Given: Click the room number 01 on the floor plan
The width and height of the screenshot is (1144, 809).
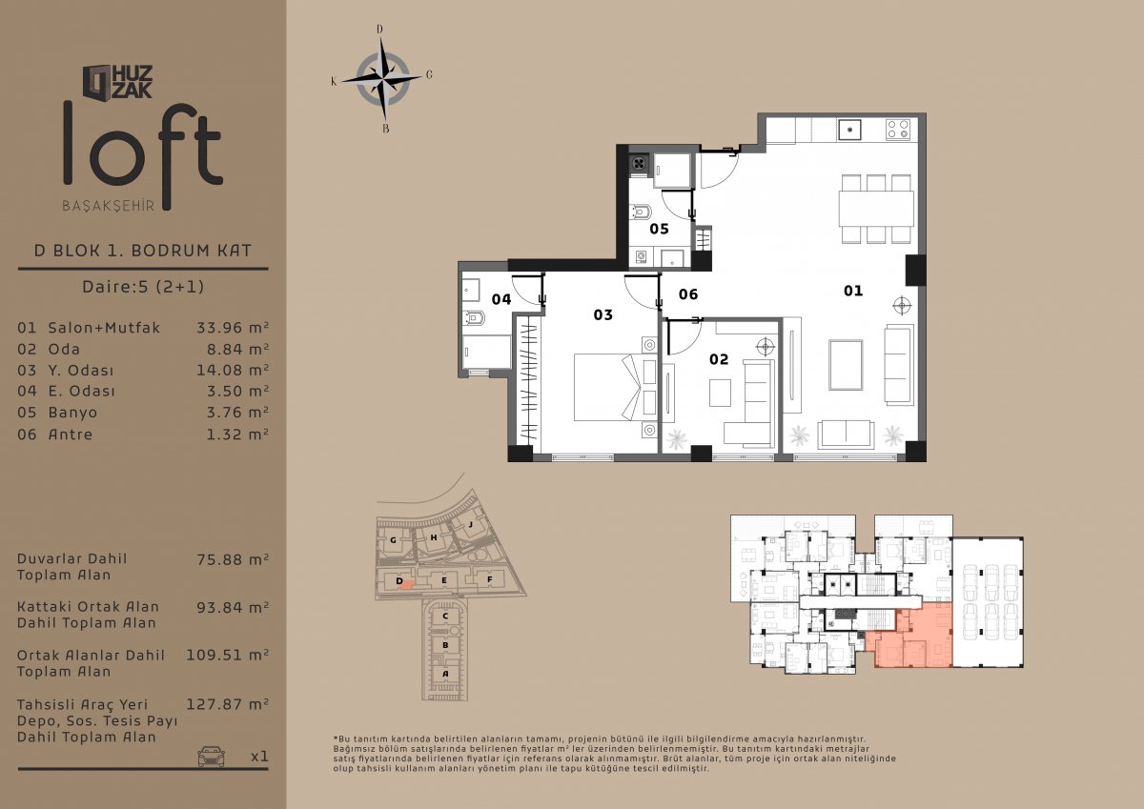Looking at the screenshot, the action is (x=853, y=291).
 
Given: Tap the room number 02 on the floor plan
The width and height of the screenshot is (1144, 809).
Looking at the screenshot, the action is (x=719, y=359).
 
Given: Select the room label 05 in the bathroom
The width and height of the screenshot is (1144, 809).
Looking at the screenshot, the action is (x=659, y=229).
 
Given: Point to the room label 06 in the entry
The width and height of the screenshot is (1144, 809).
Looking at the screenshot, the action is (x=688, y=294).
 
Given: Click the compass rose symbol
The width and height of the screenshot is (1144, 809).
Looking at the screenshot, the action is (x=382, y=79).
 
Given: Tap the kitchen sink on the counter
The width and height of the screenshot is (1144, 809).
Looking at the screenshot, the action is (x=848, y=130).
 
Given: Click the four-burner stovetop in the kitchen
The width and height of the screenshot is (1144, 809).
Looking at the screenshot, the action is (x=898, y=130).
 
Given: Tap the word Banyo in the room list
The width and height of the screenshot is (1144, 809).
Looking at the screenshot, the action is (x=72, y=413).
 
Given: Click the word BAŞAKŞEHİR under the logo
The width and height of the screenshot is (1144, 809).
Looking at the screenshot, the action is (x=109, y=206).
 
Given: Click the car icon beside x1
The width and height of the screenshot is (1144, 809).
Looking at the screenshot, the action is (x=211, y=756).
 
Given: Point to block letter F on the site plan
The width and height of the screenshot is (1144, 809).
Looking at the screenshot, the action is (x=489, y=579).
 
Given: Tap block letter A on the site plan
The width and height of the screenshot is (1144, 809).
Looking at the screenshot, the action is (x=445, y=674).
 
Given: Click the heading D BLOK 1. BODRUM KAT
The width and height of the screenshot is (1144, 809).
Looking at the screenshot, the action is (x=143, y=250).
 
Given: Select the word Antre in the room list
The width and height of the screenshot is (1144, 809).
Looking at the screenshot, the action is (x=71, y=435).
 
